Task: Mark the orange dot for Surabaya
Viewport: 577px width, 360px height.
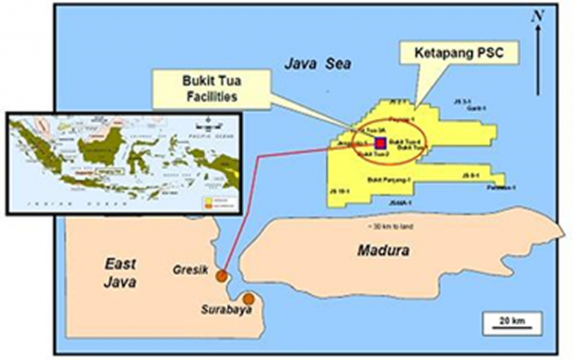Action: pyautogui.click(x=249, y=299)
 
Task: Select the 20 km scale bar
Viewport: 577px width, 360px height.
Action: pyautogui.click(x=508, y=321)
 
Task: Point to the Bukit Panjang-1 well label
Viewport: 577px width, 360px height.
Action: pyautogui.click(x=389, y=180)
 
